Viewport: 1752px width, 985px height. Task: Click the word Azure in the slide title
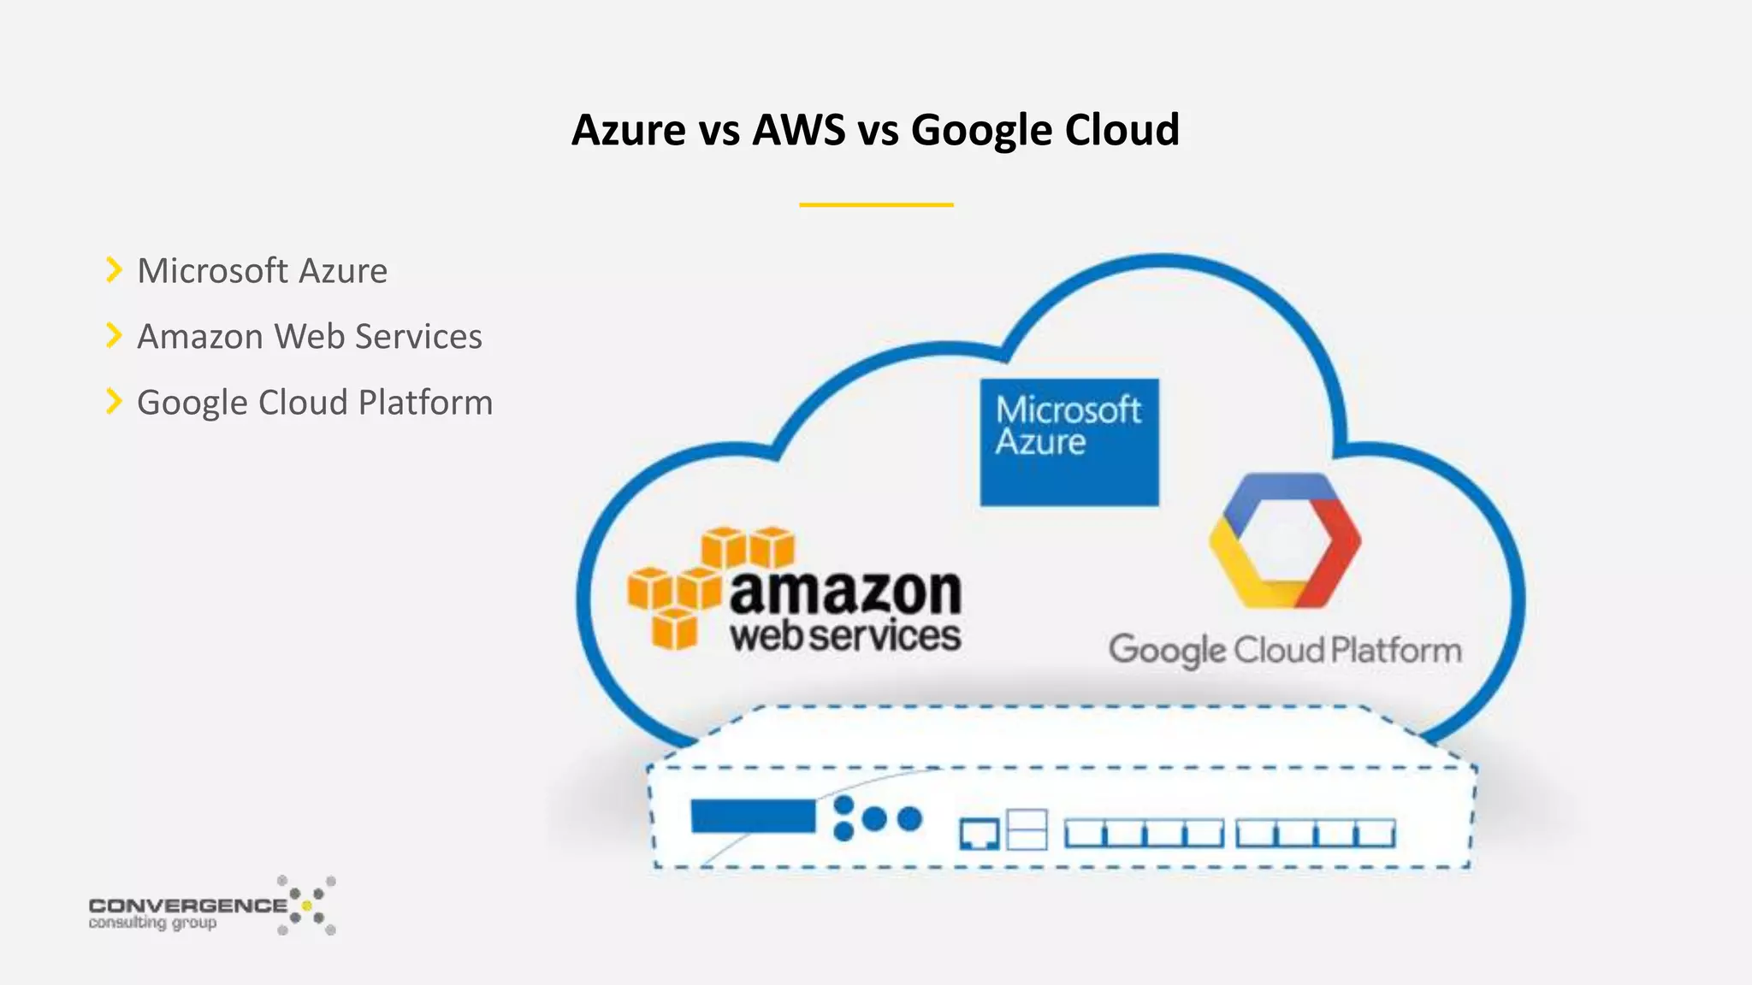(x=629, y=131)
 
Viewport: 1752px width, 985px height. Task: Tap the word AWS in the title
(x=799, y=131)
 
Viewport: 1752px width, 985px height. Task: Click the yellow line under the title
(x=876, y=205)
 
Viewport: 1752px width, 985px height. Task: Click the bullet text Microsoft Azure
(x=263, y=271)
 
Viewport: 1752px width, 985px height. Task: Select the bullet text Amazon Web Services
(x=310, y=337)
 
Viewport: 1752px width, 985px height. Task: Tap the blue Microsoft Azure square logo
(x=1069, y=442)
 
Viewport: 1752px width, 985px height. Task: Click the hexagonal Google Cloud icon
(x=1284, y=540)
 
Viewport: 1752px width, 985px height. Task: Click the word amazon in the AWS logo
(x=846, y=592)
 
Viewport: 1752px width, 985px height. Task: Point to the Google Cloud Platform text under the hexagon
(x=1285, y=651)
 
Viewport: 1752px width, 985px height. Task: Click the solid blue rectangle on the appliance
(x=753, y=817)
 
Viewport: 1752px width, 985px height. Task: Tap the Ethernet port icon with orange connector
(x=980, y=833)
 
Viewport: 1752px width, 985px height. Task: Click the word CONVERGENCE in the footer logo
(x=188, y=905)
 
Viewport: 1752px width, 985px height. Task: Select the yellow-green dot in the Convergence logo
(x=307, y=905)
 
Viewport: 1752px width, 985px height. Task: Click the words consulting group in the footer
(x=152, y=923)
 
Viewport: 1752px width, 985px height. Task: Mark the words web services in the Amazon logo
(x=845, y=637)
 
